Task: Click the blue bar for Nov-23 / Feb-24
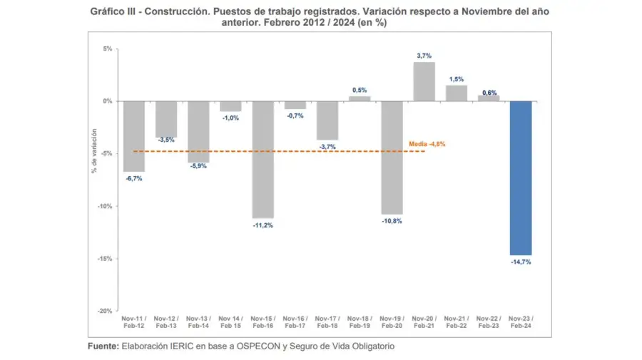pyautogui.click(x=520, y=178)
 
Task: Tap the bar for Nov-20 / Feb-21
pyautogui.click(x=424, y=81)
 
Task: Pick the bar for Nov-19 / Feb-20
pyautogui.click(x=392, y=158)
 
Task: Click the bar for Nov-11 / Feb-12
pyautogui.click(x=133, y=136)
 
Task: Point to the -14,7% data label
pyautogui.click(x=520, y=262)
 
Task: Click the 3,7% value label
pyautogui.click(x=424, y=55)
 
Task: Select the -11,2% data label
pyautogui.click(x=263, y=225)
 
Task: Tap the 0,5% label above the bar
pyautogui.click(x=360, y=89)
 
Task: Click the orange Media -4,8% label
pyautogui.click(x=427, y=144)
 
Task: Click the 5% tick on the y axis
pyautogui.click(x=107, y=48)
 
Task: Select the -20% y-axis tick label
pyautogui.click(x=104, y=311)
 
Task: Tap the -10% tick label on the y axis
pyautogui.click(x=104, y=206)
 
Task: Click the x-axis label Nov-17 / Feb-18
pyautogui.click(x=327, y=322)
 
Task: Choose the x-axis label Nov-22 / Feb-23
pyautogui.click(x=488, y=322)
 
